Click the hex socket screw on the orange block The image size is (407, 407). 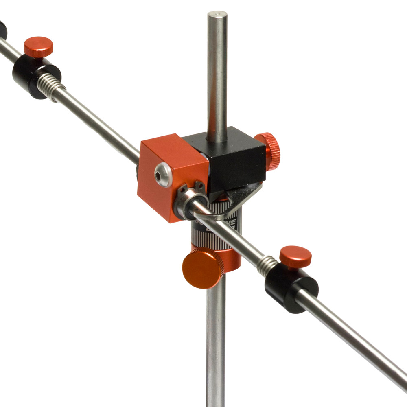click(x=164, y=175)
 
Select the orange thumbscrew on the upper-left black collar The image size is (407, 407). click(x=38, y=46)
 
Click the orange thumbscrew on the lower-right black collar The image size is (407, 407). click(x=295, y=256)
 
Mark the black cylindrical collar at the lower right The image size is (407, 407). click(x=290, y=291)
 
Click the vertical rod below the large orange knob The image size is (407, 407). click(x=216, y=346)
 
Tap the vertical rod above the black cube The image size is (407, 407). click(x=217, y=81)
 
